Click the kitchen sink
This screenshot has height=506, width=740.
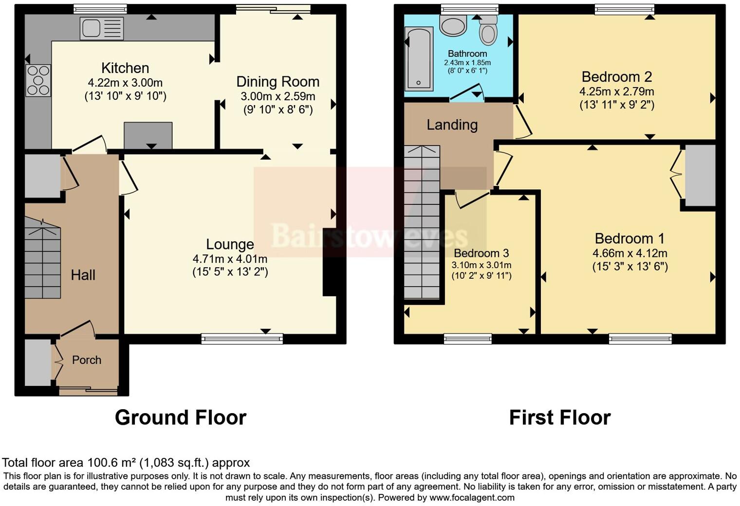click(102, 29)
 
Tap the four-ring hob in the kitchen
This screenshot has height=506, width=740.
click(38, 80)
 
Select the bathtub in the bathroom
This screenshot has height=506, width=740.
click(419, 59)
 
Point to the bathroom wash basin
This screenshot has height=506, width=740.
click(453, 25)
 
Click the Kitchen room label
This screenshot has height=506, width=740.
click(125, 68)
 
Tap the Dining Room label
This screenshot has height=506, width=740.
click(277, 82)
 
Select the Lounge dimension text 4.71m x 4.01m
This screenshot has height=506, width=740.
click(230, 259)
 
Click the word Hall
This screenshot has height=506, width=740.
click(83, 275)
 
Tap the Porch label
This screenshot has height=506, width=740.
click(87, 360)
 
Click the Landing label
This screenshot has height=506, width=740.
click(452, 125)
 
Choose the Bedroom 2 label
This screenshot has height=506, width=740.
click(616, 77)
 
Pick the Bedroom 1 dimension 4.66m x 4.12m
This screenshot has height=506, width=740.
click(629, 253)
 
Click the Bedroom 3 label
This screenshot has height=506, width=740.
click(481, 253)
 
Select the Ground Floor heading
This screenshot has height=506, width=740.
click(180, 417)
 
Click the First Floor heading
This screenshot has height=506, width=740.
click(559, 417)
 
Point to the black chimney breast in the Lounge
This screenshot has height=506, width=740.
click(330, 263)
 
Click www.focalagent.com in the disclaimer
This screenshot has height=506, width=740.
click(472, 498)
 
